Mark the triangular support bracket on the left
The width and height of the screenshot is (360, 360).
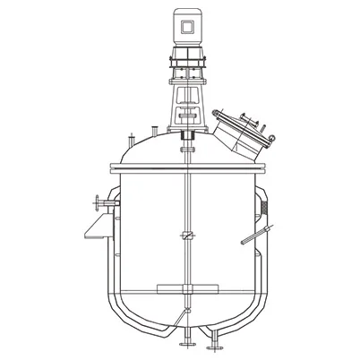93,231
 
